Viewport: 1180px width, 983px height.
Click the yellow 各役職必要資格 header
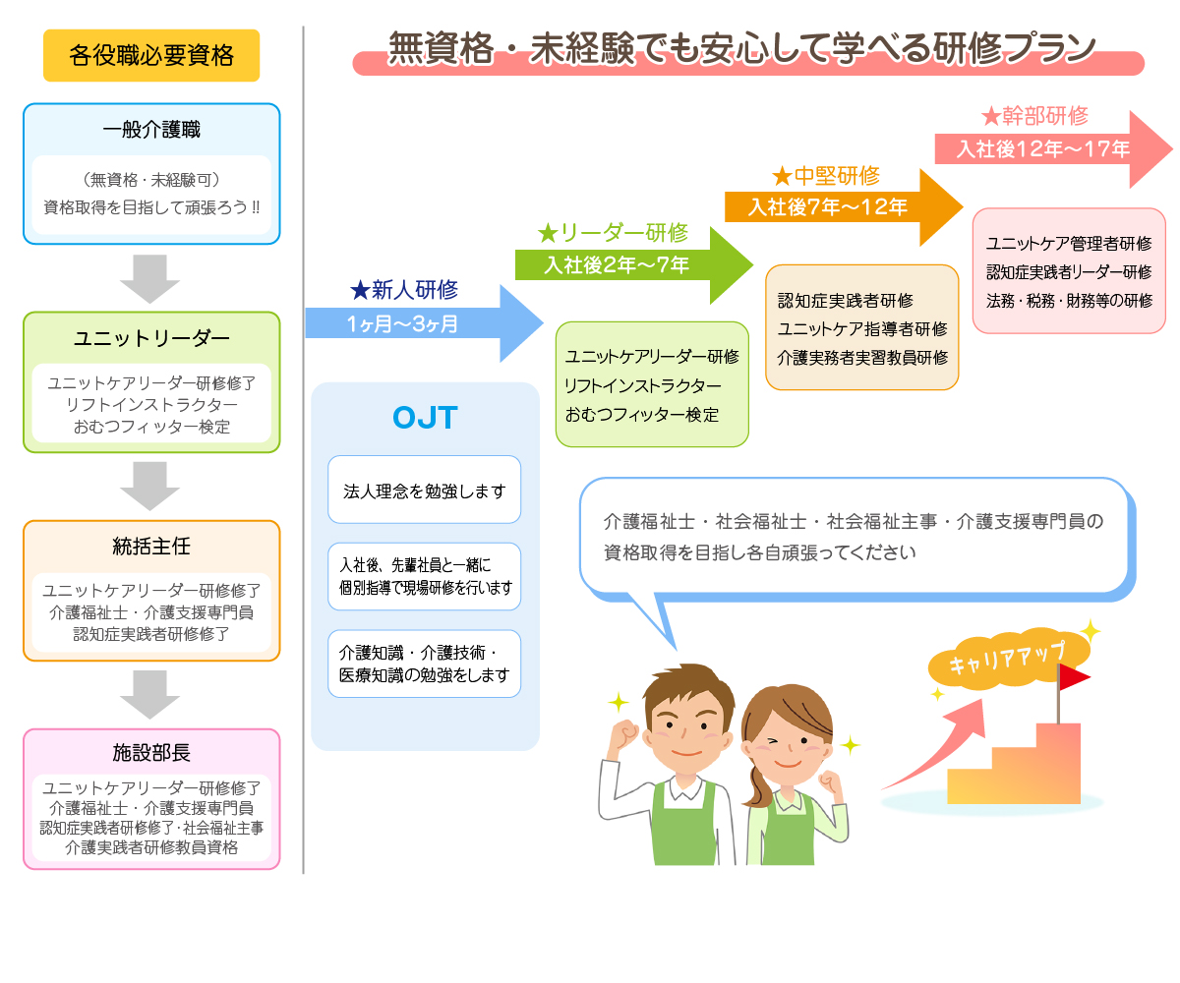(x=151, y=55)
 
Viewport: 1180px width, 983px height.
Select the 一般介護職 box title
(x=151, y=130)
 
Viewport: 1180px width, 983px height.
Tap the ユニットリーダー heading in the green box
(x=151, y=339)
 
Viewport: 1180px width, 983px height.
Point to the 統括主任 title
(x=151, y=546)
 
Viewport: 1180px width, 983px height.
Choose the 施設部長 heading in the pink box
(x=151, y=753)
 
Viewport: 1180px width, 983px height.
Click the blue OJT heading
(x=425, y=418)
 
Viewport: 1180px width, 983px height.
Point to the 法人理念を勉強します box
(x=424, y=490)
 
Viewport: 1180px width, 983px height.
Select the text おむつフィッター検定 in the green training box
(x=642, y=415)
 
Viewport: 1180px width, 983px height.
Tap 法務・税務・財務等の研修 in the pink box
(x=1069, y=301)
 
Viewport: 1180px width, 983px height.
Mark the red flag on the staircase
(x=1074, y=677)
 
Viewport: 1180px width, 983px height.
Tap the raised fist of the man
(x=626, y=733)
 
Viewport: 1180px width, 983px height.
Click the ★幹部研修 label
(x=1034, y=116)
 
